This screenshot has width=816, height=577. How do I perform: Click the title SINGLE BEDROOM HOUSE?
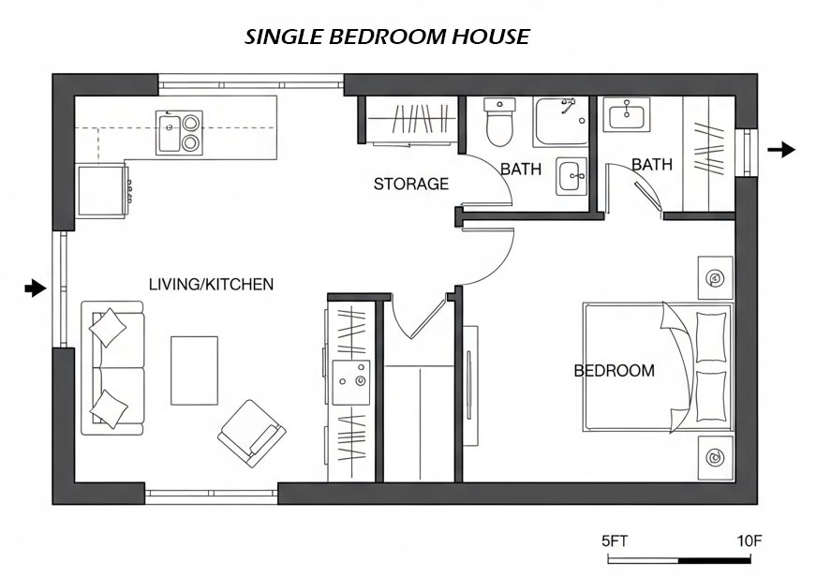(387, 37)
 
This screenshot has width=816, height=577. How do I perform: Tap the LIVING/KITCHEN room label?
(211, 284)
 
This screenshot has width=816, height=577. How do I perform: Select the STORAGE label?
(411, 184)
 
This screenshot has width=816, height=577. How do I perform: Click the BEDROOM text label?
(614, 371)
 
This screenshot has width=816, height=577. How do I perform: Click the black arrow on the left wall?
(35, 288)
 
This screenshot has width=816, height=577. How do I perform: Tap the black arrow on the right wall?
(782, 149)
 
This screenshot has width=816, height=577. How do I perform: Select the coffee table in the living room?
(194, 370)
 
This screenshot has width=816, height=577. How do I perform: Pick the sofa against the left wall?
(111, 367)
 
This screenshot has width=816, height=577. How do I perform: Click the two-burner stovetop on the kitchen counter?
(191, 132)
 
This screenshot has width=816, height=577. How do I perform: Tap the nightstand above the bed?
(715, 277)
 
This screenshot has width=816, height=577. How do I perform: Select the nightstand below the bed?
(715, 458)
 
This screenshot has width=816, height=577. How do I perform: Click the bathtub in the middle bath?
(560, 121)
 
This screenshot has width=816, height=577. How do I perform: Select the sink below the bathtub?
(571, 175)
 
